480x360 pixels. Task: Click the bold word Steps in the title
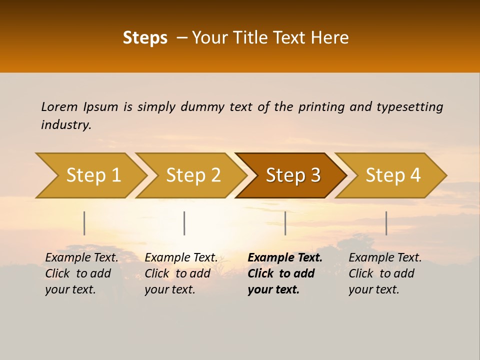point(145,38)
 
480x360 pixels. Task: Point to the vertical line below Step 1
point(84,223)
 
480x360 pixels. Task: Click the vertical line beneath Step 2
point(184,223)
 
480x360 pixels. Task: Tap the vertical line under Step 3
point(285,223)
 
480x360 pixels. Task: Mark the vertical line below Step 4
point(386,223)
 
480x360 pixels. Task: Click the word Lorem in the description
point(59,106)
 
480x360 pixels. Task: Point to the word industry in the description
point(66,125)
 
